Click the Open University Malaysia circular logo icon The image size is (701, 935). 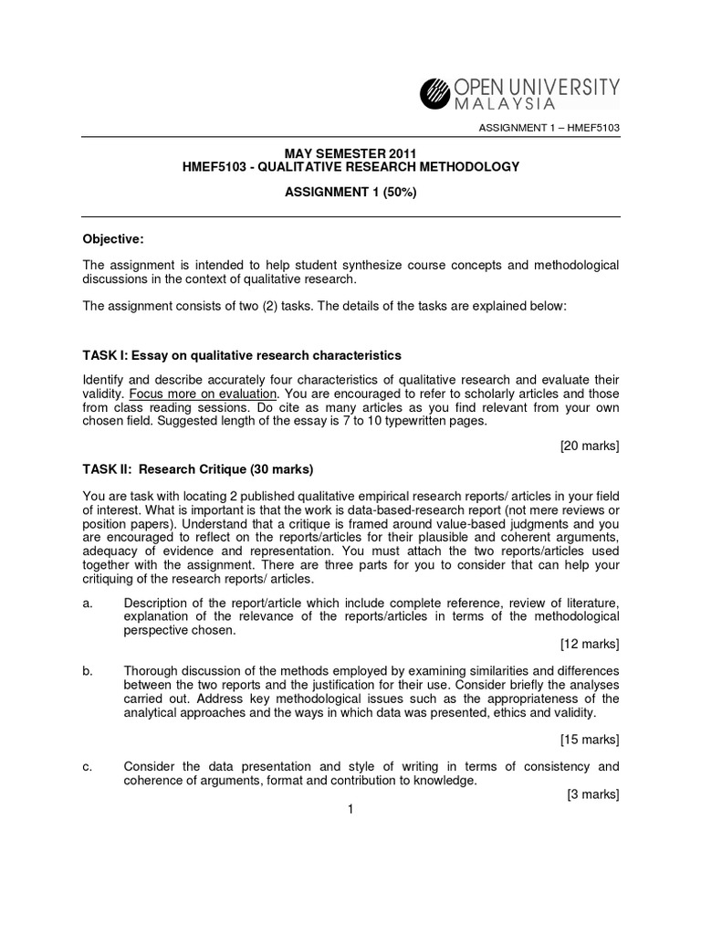(x=435, y=93)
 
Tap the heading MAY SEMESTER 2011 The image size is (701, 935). (x=350, y=152)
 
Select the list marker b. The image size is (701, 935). (x=88, y=671)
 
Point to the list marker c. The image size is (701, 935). (x=88, y=766)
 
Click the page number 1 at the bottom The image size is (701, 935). (x=350, y=809)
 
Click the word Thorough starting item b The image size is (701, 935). (x=152, y=671)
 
